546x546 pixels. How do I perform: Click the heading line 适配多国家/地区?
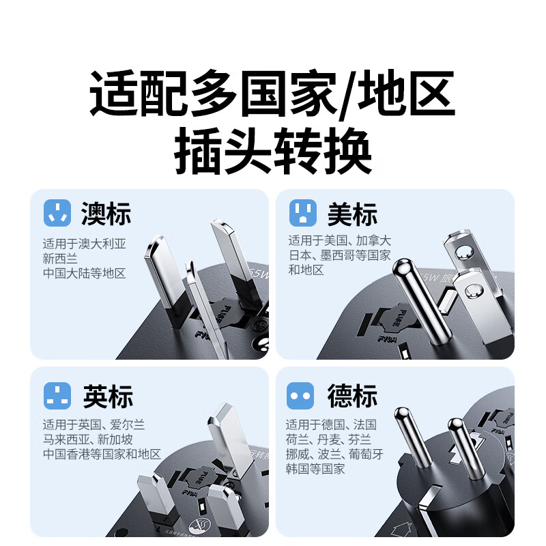click(273, 98)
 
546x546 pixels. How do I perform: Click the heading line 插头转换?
click(273, 154)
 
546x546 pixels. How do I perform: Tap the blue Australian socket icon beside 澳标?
click(57, 213)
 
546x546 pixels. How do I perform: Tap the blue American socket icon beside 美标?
click(302, 213)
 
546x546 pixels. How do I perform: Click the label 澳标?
click(106, 214)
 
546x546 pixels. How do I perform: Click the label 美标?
click(352, 214)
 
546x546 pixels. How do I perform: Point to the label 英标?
click(107, 396)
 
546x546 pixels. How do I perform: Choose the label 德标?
click(352, 396)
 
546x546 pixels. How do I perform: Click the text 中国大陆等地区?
click(84, 273)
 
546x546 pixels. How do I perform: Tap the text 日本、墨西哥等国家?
click(339, 255)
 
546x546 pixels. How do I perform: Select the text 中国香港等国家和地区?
click(102, 453)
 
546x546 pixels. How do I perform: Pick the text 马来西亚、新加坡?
click(87, 439)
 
